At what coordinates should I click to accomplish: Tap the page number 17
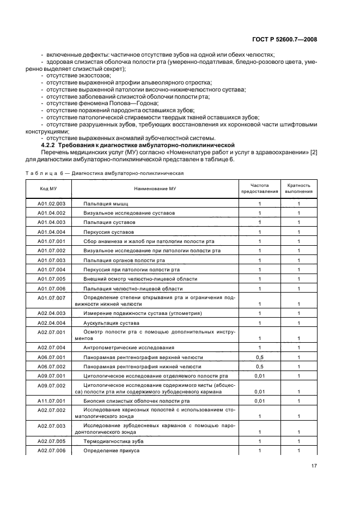314,466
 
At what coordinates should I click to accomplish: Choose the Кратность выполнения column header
299,188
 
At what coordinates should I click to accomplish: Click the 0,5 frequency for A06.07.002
260,366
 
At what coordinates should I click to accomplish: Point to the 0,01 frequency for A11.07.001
260,400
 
